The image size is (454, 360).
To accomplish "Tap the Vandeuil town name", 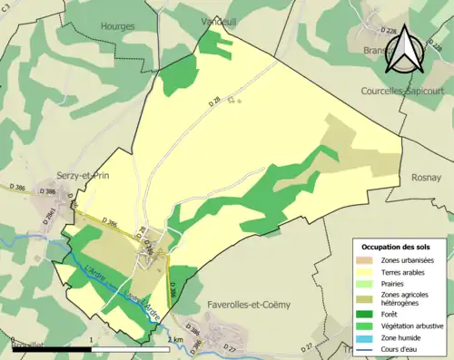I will [221, 19].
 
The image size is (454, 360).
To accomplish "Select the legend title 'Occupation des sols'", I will [397, 247].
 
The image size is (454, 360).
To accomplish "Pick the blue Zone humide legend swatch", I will [365, 336].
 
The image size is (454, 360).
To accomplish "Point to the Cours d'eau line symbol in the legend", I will [365, 347].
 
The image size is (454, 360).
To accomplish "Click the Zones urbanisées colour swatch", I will [365, 259].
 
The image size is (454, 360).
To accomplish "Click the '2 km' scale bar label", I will [175, 339].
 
